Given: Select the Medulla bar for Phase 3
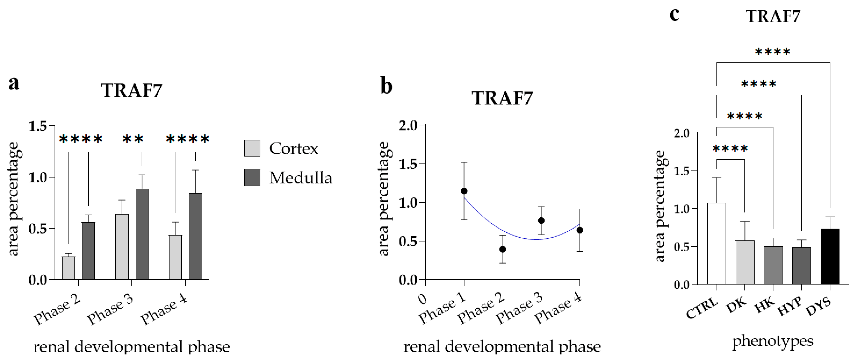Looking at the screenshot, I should pyautogui.click(x=142, y=234).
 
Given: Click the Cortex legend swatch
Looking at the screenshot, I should pyautogui.click(x=252, y=148).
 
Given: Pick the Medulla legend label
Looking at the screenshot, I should pyautogui.click(x=300, y=178).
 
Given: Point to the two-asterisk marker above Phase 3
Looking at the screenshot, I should pyautogui.click(x=133, y=139).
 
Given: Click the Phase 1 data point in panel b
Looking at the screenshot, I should pyautogui.click(x=464, y=191).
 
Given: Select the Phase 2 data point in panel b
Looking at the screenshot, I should pyautogui.click(x=502, y=249).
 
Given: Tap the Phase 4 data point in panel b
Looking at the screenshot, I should pyautogui.click(x=580, y=230).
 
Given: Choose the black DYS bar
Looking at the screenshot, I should pyautogui.click(x=830, y=256).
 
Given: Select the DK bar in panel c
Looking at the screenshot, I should pyautogui.click(x=745, y=262).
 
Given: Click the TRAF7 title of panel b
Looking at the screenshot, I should pyautogui.click(x=502, y=98).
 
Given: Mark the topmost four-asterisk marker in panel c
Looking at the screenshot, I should pyautogui.click(x=772, y=52).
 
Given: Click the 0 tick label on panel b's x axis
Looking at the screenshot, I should pyautogui.click(x=423, y=299).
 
